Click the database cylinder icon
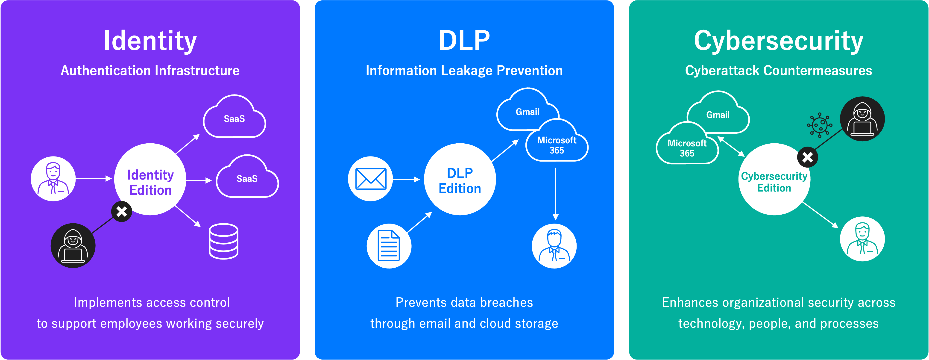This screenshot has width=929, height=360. [x=224, y=241]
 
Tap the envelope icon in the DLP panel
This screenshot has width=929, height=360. [x=370, y=179]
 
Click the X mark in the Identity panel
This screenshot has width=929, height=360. [x=122, y=211]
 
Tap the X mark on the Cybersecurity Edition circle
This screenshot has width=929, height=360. [x=807, y=157]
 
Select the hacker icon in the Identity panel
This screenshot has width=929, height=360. [x=73, y=246]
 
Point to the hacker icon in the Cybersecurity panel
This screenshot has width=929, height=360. [x=862, y=119]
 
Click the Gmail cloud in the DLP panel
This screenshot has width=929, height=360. [x=527, y=110]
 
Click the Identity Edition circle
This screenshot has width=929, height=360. [x=150, y=179]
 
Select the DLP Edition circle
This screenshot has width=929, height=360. [x=460, y=179]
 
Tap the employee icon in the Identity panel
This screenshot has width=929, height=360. [x=53, y=179]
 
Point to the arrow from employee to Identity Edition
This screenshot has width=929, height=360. [x=94, y=179]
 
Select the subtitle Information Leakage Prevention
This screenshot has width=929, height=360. [x=464, y=71]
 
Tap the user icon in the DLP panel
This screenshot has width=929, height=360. [x=554, y=246]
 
